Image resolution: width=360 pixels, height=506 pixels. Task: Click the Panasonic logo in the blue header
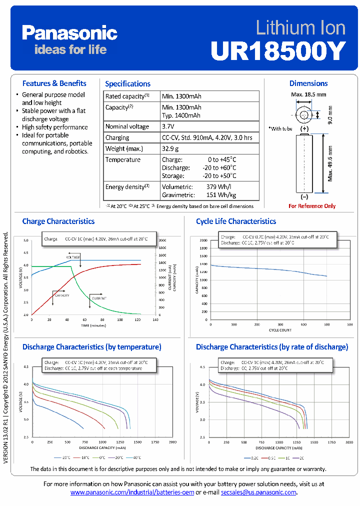click(69, 33)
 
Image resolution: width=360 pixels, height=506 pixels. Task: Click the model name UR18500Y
click(277, 50)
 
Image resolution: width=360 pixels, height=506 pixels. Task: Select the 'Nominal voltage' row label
click(127, 126)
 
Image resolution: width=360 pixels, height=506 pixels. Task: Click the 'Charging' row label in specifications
click(117, 137)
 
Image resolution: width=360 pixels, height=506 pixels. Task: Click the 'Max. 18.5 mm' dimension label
click(308, 94)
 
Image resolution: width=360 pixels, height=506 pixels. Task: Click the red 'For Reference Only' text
click(312, 206)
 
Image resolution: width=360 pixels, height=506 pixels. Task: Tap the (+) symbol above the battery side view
click(304, 128)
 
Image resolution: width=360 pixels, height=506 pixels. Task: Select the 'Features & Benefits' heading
click(54, 83)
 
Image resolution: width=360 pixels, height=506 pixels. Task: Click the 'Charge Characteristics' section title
click(58, 221)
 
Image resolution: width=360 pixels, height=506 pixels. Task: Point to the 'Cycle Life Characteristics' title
click(235, 221)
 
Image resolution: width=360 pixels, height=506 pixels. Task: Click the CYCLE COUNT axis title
click(279, 330)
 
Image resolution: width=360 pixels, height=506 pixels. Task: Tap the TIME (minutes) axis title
click(94, 325)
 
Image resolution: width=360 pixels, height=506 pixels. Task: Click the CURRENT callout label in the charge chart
click(98, 298)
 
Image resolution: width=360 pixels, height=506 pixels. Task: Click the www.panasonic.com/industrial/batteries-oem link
click(132, 492)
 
